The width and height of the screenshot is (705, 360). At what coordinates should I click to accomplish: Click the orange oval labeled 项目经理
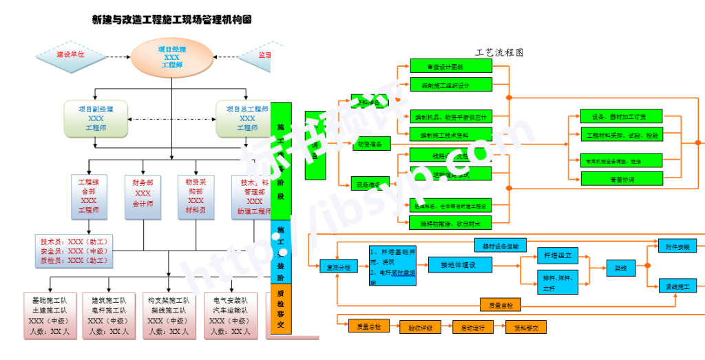(x=171, y=58)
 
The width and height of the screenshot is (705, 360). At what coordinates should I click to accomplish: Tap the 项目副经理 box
(x=96, y=118)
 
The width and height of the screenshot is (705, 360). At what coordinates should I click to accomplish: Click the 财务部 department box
(x=143, y=196)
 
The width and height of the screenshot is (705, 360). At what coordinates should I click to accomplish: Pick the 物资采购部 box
(x=196, y=196)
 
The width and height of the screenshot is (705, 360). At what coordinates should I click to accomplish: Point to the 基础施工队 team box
(x=50, y=316)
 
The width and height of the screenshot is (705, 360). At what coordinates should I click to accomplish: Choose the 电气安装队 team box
(x=231, y=316)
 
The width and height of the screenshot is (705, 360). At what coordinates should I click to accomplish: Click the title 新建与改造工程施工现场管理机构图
(x=171, y=20)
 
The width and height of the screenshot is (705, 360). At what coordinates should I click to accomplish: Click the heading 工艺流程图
(x=499, y=52)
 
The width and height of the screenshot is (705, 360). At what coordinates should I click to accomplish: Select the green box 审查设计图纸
(x=451, y=67)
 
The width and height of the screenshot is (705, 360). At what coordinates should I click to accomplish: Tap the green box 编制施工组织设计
(x=451, y=85)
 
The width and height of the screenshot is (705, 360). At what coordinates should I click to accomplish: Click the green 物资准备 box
(x=370, y=144)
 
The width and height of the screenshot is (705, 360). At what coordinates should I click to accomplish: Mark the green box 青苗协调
(x=622, y=179)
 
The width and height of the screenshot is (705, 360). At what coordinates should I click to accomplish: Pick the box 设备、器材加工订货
(x=622, y=116)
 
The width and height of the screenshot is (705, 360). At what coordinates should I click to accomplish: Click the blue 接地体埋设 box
(x=460, y=264)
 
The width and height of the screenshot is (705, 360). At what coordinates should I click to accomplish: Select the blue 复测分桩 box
(x=339, y=267)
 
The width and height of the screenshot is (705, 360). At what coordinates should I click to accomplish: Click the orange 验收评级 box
(x=420, y=328)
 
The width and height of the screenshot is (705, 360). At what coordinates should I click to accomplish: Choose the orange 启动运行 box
(x=473, y=328)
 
